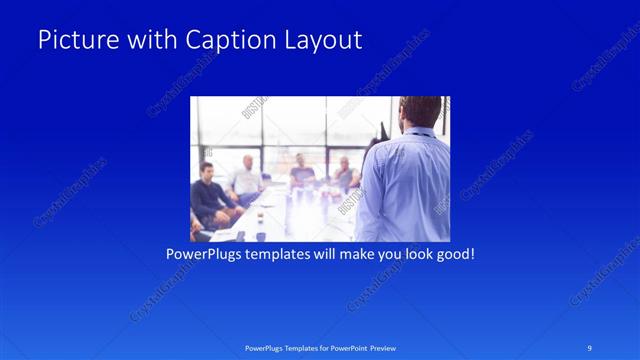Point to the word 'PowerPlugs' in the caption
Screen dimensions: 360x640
pyautogui.click(x=204, y=255)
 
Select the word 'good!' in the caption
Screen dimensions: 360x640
pyautogui.click(x=453, y=255)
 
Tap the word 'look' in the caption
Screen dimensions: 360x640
pyautogui.click(x=410, y=255)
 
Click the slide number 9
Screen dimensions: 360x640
pyautogui.click(x=590, y=346)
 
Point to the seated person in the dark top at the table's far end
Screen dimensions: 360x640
pyautogui.click(x=302, y=177)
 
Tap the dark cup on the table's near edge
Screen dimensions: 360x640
pyautogui.click(x=259, y=236)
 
